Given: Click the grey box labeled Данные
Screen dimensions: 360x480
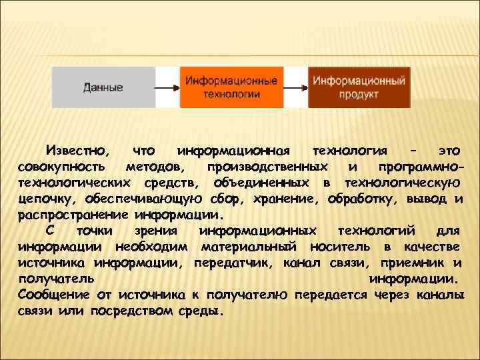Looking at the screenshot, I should (x=103, y=87).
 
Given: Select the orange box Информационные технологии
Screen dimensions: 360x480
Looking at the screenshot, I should (x=231, y=87).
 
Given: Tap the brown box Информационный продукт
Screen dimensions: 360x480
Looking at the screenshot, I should (x=359, y=87).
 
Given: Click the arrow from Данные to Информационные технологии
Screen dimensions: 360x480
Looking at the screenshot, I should (x=167, y=87).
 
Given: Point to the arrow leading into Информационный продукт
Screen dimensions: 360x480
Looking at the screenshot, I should (x=295, y=87).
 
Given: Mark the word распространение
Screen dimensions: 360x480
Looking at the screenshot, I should (x=71, y=216).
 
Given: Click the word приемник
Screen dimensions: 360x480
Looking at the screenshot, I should (x=415, y=263).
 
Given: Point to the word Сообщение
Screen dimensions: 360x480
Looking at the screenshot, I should (x=55, y=295).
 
